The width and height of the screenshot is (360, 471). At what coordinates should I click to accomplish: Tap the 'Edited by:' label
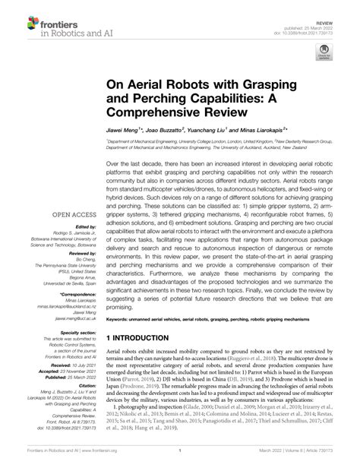[x=84, y=226]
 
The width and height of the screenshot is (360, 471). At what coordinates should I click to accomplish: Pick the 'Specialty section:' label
[x=78, y=333]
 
